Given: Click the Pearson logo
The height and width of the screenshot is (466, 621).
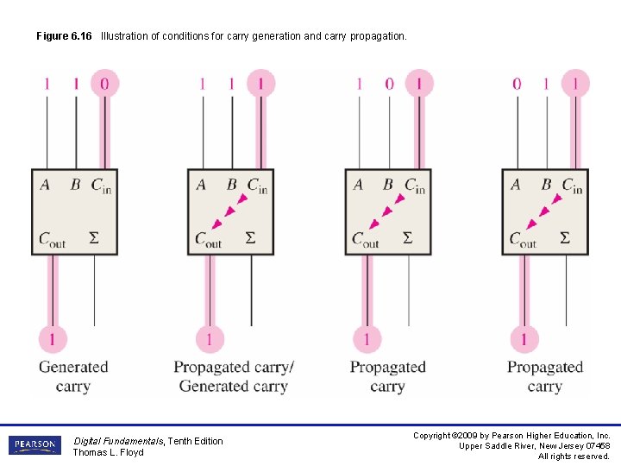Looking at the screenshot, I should pyautogui.click(x=34, y=445).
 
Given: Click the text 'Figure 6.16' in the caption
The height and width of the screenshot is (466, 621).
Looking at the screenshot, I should pyautogui.click(x=64, y=36).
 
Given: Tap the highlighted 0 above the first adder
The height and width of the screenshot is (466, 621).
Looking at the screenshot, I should pyautogui.click(x=104, y=84).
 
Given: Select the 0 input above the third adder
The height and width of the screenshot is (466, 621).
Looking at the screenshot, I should pyautogui.click(x=389, y=84).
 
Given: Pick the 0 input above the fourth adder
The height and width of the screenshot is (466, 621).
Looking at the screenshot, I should pyautogui.click(x=517, y=84).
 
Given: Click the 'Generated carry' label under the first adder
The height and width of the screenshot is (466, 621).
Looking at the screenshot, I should pyautogui.click(x=73, y=376).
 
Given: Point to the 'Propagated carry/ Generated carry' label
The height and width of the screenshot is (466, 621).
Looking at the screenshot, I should pyautogui.click(x=234, y=376).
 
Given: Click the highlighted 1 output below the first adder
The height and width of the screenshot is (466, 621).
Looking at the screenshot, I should pyautogui.click(x=52, y=337).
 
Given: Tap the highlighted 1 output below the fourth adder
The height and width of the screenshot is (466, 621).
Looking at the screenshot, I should pyautogui.click(x=524, y=337).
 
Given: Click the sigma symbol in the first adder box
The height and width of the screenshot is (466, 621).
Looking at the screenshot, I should pyautogui.click(x=94, y=237).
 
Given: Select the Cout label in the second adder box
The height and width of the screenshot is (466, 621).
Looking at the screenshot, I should pyautogui.click(x=208, y=240).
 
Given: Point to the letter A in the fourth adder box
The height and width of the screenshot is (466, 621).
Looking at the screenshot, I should pyautogui.click(x=516, y=185).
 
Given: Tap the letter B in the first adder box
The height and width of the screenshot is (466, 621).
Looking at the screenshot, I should pyautogui.click(x=75, y=185).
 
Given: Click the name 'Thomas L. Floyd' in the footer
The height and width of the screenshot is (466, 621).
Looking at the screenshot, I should pyautogui.click(x=109, y=452).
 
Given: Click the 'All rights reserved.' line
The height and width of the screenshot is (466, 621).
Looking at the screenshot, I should pyautogui.click(x=574, y=457).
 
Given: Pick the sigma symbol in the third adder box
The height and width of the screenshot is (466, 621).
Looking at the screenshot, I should pyautogui.click(x=408, y=237).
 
